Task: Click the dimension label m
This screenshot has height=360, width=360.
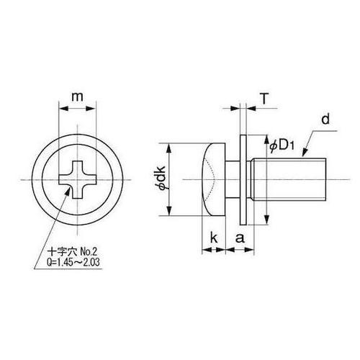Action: tap(76, 97)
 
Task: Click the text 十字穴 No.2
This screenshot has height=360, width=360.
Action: tap(71, 253)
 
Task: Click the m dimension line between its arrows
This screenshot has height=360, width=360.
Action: tap(76, 109)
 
